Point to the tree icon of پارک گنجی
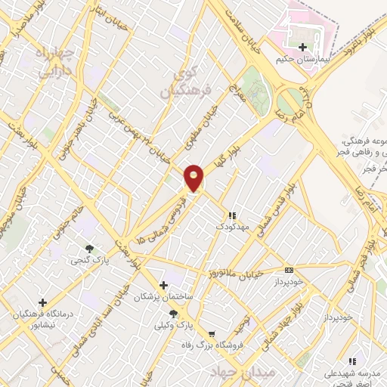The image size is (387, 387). click(91, 248)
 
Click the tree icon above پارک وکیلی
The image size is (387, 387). click(174, 314)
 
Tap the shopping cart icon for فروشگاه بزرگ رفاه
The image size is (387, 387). click(212, 334)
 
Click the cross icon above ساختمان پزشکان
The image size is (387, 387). click(163, 286)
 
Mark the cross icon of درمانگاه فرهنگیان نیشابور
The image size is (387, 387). click(42, 302)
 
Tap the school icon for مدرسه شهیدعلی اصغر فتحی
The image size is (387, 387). click(351, 361)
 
